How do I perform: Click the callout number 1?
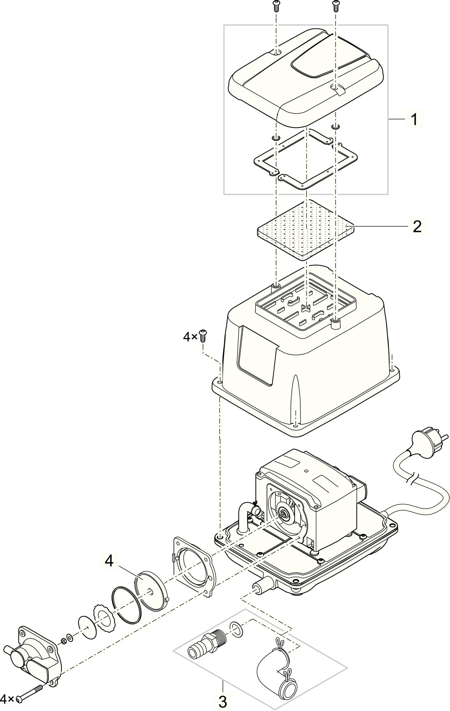[414, 120]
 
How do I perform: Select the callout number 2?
[417, 226]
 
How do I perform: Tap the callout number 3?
[222, 701]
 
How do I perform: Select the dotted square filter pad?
[305, 230]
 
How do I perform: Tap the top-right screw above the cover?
[335, 5]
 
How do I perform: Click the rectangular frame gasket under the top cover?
[306, 159]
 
